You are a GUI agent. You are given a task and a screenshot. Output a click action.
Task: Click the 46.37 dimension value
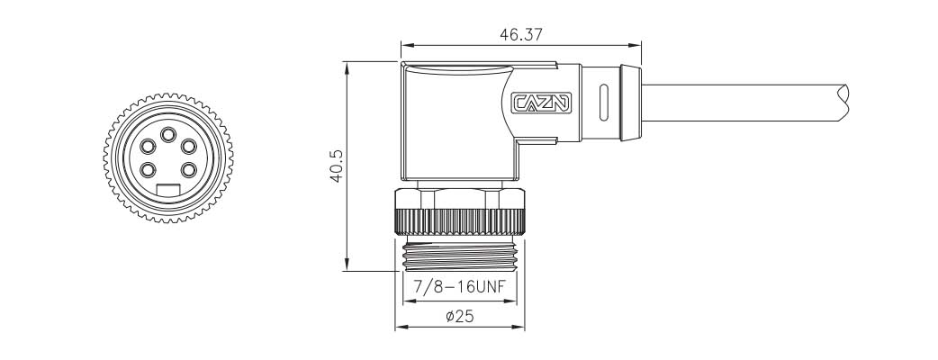pyautogui.click(x=519, y=34)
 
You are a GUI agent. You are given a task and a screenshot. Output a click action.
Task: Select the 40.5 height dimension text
pyautogui.click(x=336, y=166)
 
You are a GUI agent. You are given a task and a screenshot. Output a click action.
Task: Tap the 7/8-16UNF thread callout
pyautogui.click(x=459, y=290)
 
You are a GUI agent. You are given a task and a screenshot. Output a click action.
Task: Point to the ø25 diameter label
pyautogui.click(x=460, y=316)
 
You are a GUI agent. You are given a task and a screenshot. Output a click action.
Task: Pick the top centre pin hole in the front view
pyautogui.click(x=168, y=136)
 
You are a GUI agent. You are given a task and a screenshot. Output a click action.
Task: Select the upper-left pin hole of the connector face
pyautogui.click(x=148, y=147)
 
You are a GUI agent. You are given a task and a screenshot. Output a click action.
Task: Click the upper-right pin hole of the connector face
pyautogui.click(x=189, y=147)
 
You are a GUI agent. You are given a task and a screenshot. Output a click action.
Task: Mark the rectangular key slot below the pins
pyautogui.click(x=168, y=189)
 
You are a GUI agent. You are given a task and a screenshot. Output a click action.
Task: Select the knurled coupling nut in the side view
pyautogui.click(x=459, y=220)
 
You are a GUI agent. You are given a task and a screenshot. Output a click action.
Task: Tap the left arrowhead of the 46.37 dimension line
pyautogui.click(x=406, y=45)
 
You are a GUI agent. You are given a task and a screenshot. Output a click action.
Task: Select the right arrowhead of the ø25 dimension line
pyautogui.click(x=519, y=327)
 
